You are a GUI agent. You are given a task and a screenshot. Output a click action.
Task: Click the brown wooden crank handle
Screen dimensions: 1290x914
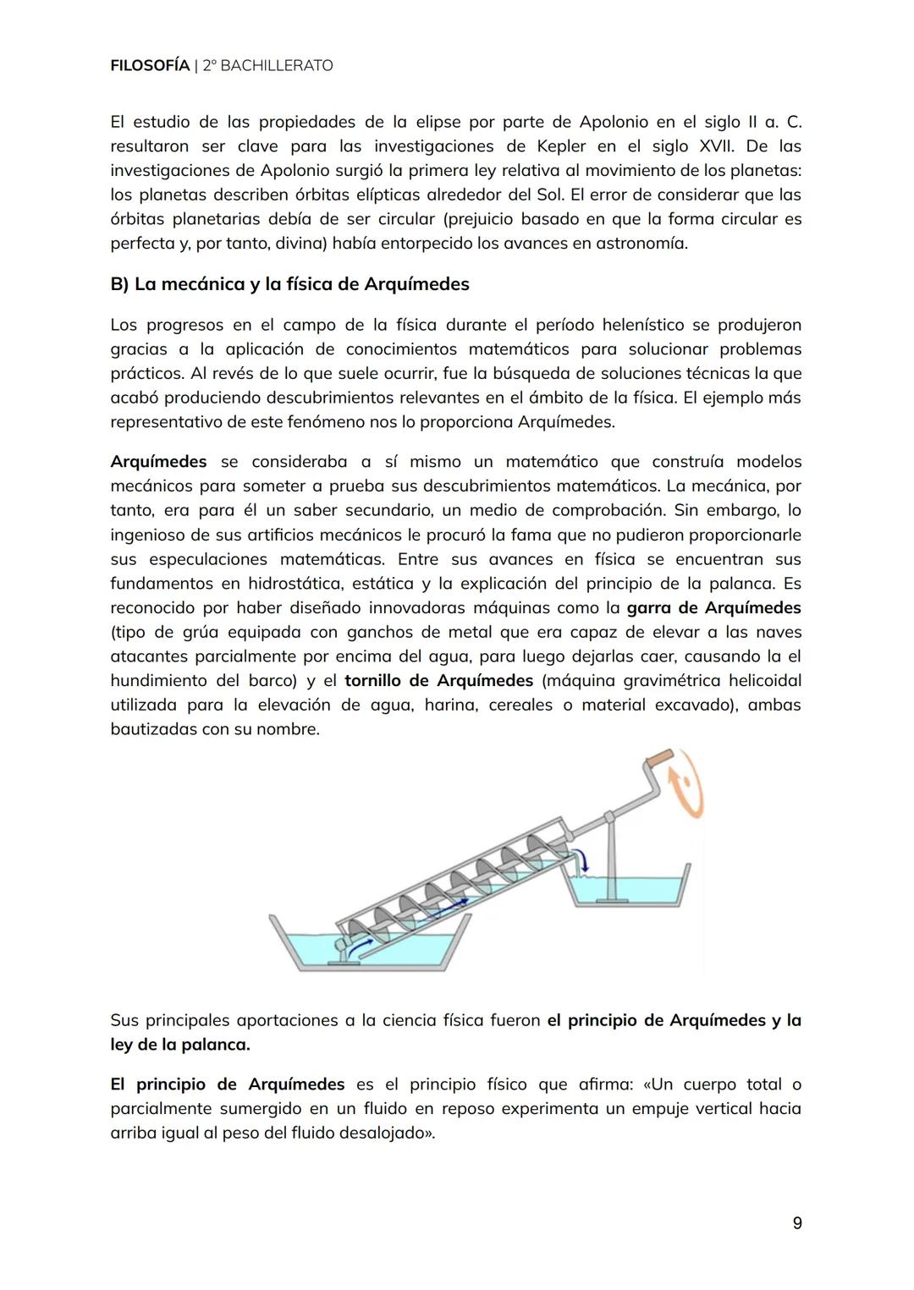[x=658, y=758]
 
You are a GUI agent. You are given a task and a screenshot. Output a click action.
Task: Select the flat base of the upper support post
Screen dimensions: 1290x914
[x=611, y=897]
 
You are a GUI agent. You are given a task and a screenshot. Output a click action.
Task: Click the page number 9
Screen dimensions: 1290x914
[x=797, y=1223]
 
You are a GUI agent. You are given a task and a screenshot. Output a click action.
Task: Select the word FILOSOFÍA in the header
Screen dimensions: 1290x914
[x=150, y=65]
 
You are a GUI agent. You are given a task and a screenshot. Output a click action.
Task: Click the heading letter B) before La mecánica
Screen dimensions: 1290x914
[x=119, y=284]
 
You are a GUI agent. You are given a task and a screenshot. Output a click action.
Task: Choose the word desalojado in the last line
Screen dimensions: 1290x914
[x=385, y=1133]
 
